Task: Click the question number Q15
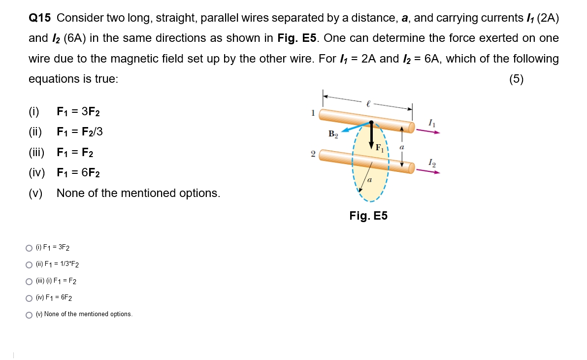[x=40, y=18]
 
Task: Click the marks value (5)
[x=517, y=79]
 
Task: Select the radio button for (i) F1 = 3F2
[x=29, y=248]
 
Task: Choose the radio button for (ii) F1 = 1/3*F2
[x=29, y=264]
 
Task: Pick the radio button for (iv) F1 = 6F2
[x=29, y=298]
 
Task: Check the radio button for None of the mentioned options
[x=29, y=315]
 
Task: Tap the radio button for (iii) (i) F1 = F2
[x=29, y=281]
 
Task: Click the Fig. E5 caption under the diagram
[x=368, y=216]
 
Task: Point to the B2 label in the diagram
[x=333, y=134]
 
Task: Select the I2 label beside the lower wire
[x=432, y=162]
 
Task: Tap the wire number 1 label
[x=313, y=113]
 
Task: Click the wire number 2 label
[x=313, y=154]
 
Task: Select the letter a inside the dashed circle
[x=370, y=181]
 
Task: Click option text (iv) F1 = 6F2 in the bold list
[x=78, y=173]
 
